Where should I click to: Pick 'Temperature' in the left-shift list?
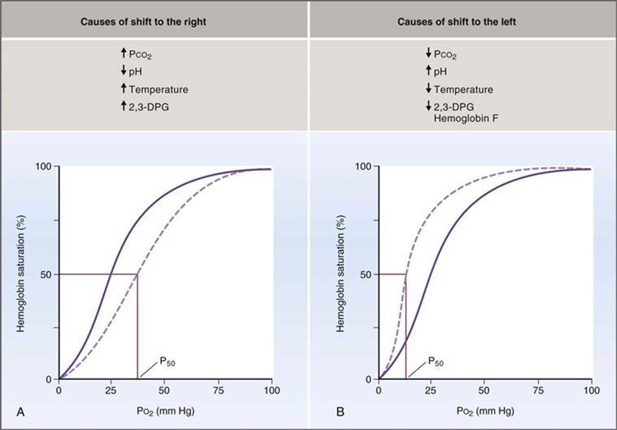coord(463,89)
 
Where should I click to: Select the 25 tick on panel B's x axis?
coord(432,390)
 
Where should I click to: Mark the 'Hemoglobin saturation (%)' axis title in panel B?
coord(340,273)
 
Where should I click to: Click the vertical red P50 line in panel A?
coord(138,325)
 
